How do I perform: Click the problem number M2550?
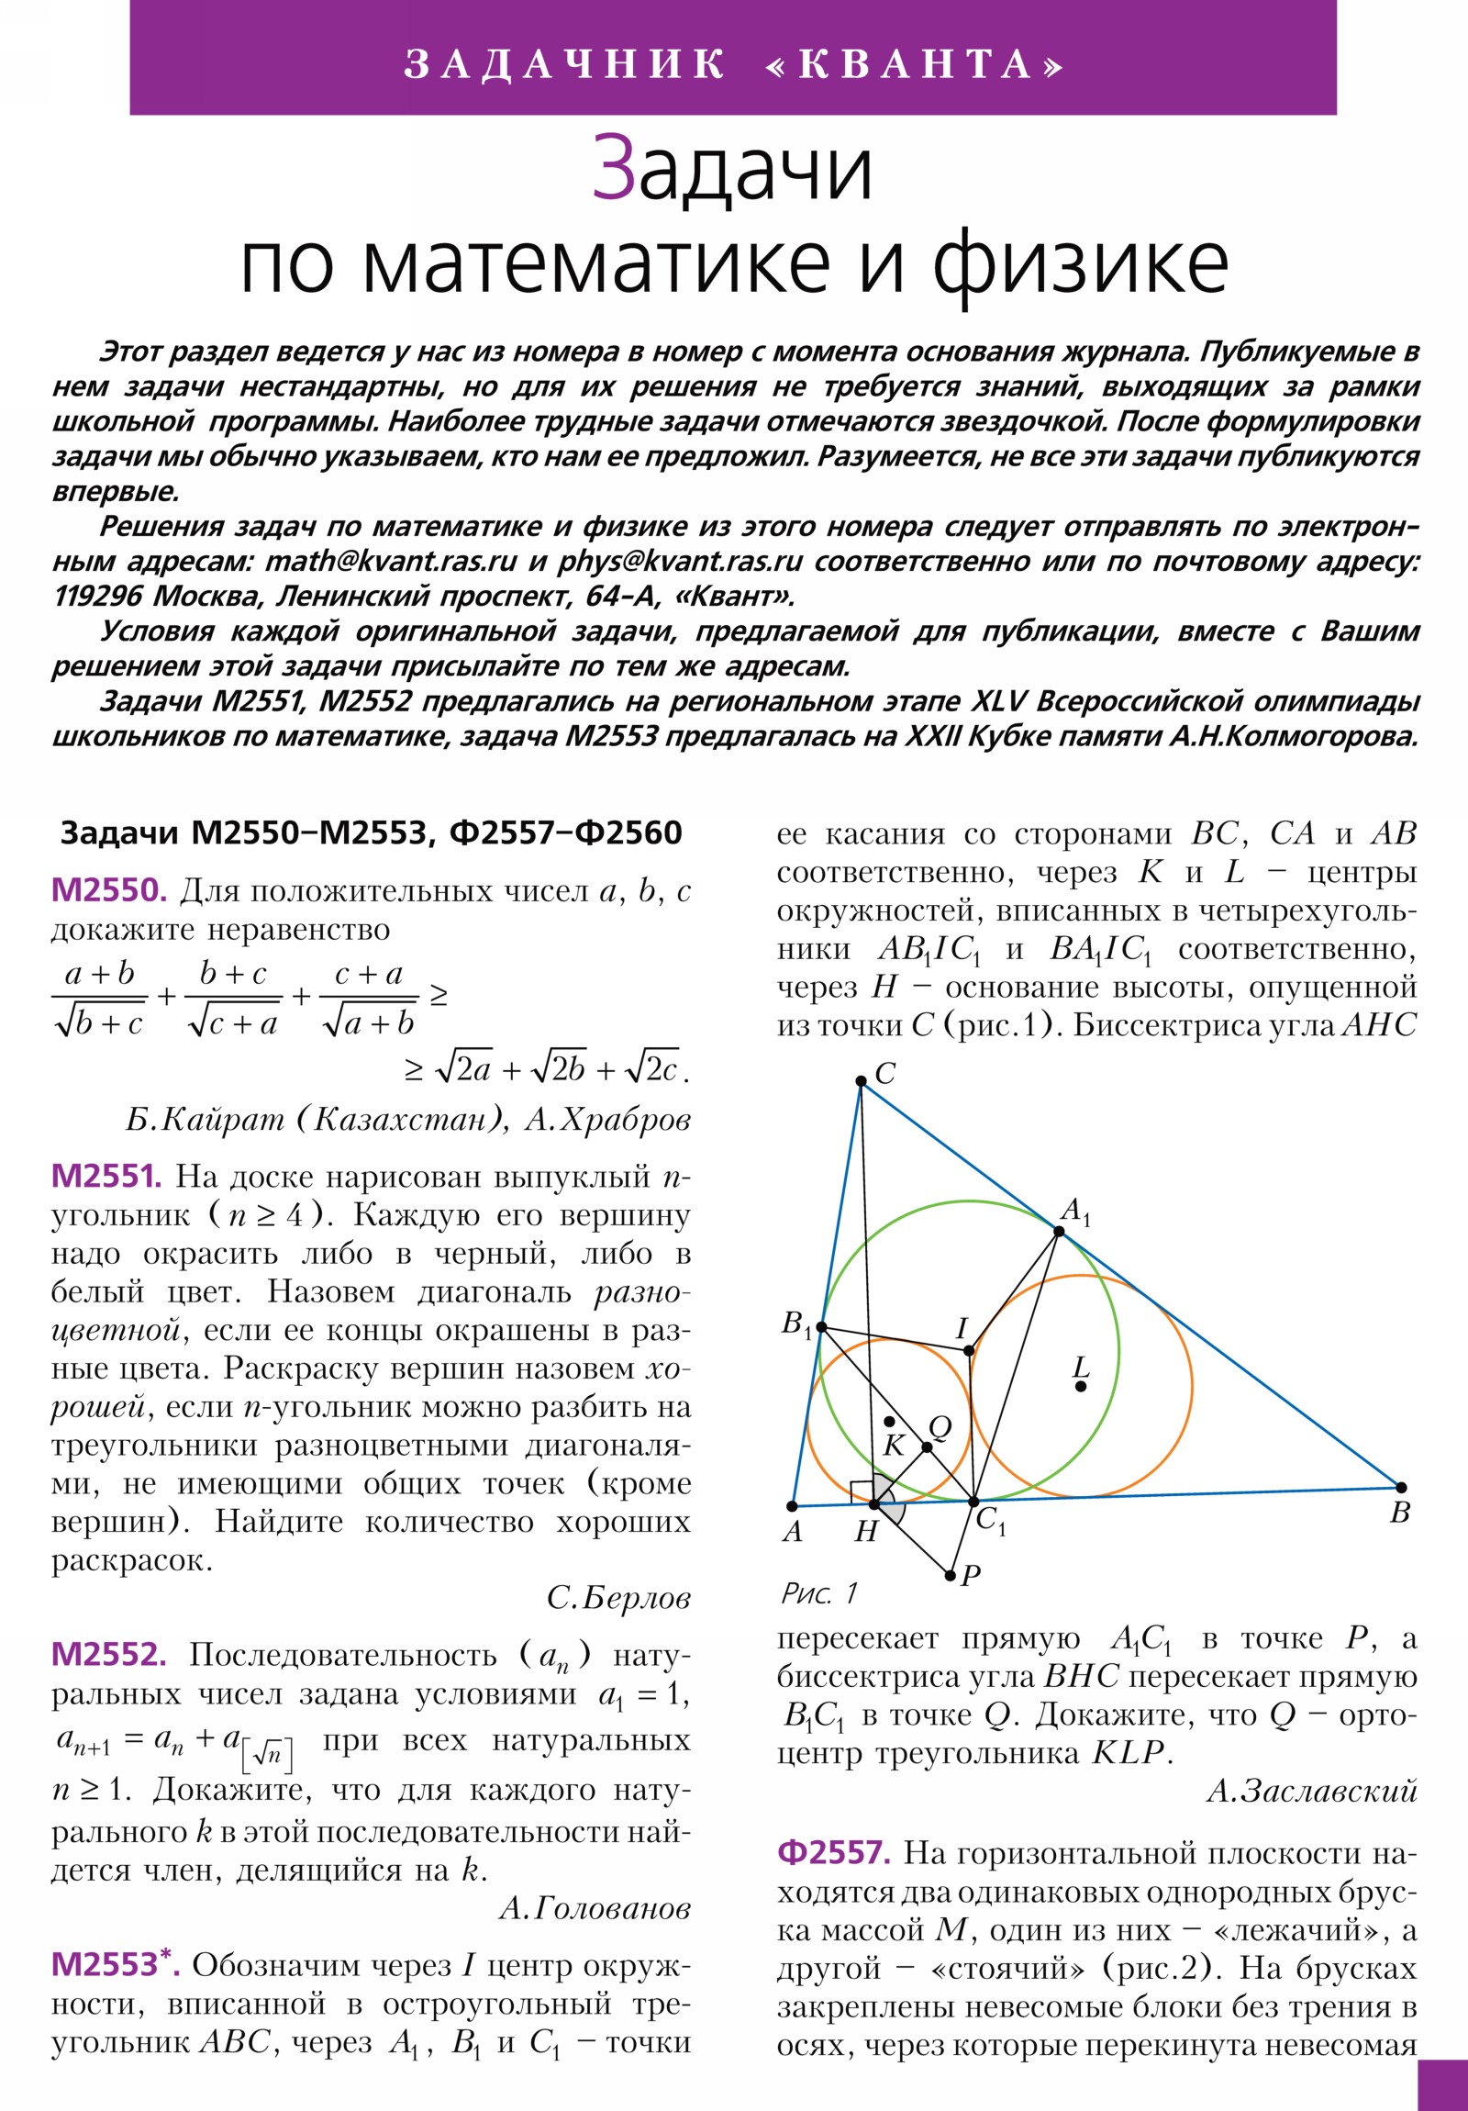(108, 890)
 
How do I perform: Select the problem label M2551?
(106, 1176)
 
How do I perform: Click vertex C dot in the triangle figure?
(861, 1081)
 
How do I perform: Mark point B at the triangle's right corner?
(1401, 1488)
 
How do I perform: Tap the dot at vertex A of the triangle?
(793, 1506)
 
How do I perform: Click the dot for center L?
(1081, 1386)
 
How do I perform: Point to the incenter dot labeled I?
(969, 1351)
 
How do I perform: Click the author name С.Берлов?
(617, 1598)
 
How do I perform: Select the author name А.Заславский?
(1312, 1789)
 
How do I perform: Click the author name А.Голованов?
(594, 1909)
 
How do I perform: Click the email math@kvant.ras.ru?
(392, 561)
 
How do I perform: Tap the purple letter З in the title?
(614, 167)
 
